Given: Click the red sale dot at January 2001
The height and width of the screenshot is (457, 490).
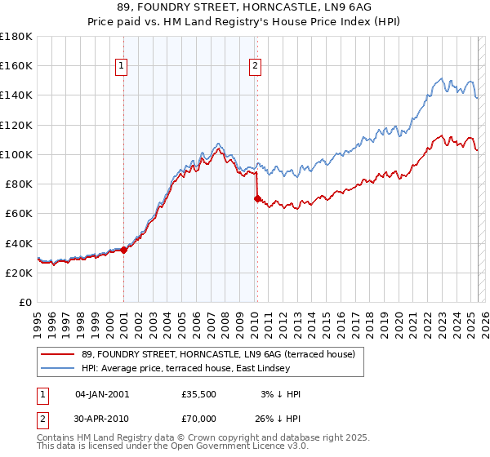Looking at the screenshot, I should [124, 250].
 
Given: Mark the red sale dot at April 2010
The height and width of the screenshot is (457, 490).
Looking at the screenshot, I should [257, 198].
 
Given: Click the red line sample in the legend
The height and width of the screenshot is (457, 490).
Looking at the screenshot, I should [57, 355].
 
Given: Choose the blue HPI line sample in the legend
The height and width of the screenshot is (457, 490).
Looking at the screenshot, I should [57, 369].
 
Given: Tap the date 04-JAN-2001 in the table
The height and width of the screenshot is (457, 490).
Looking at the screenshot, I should [102, 394].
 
